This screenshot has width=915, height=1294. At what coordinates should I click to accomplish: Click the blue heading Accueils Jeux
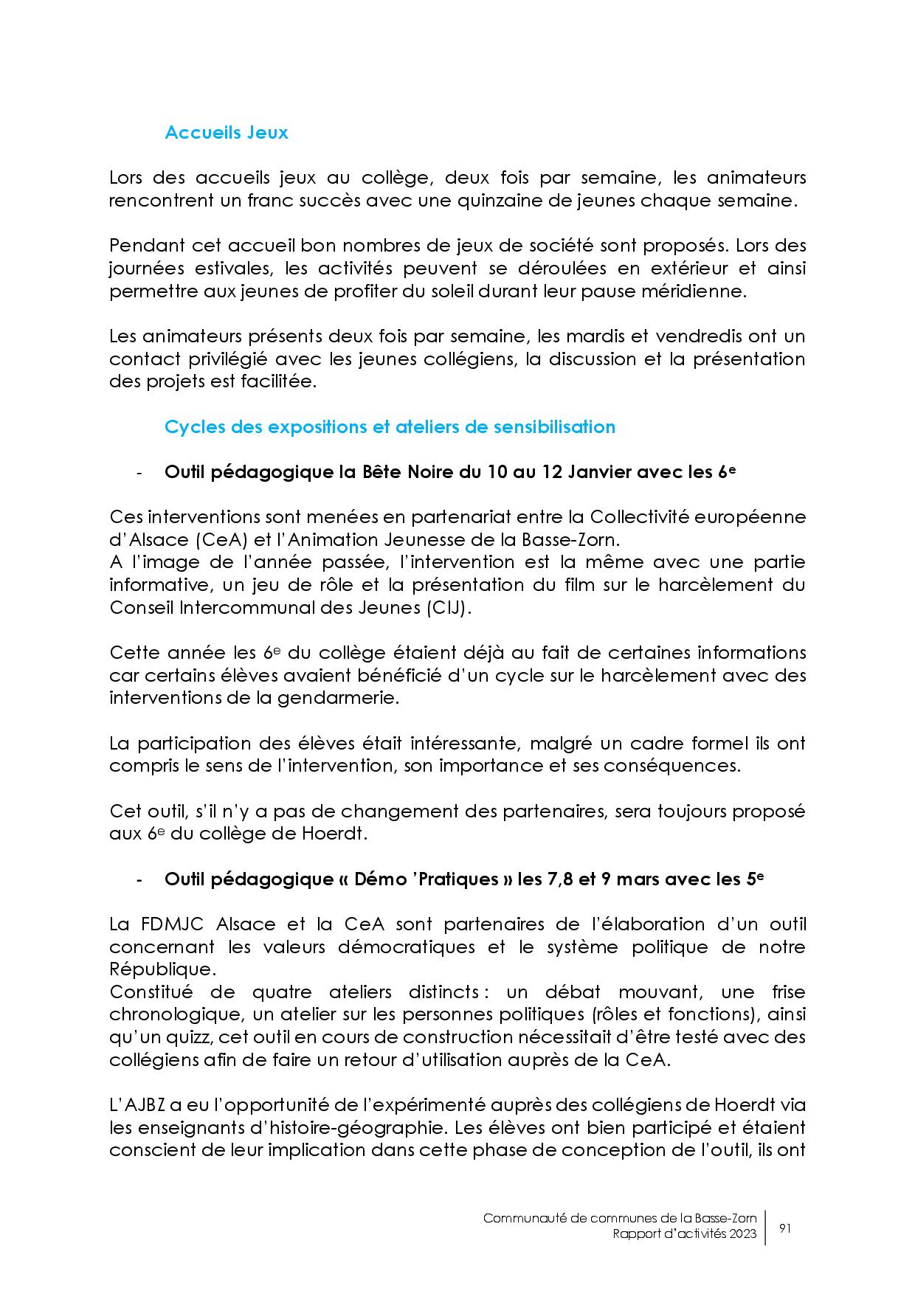coord(226,133)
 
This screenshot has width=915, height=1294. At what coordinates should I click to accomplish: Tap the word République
coord(152,969)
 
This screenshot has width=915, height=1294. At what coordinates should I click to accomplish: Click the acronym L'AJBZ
coord(134,1105)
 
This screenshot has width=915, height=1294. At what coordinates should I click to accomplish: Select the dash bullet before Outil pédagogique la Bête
coord(139,473)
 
